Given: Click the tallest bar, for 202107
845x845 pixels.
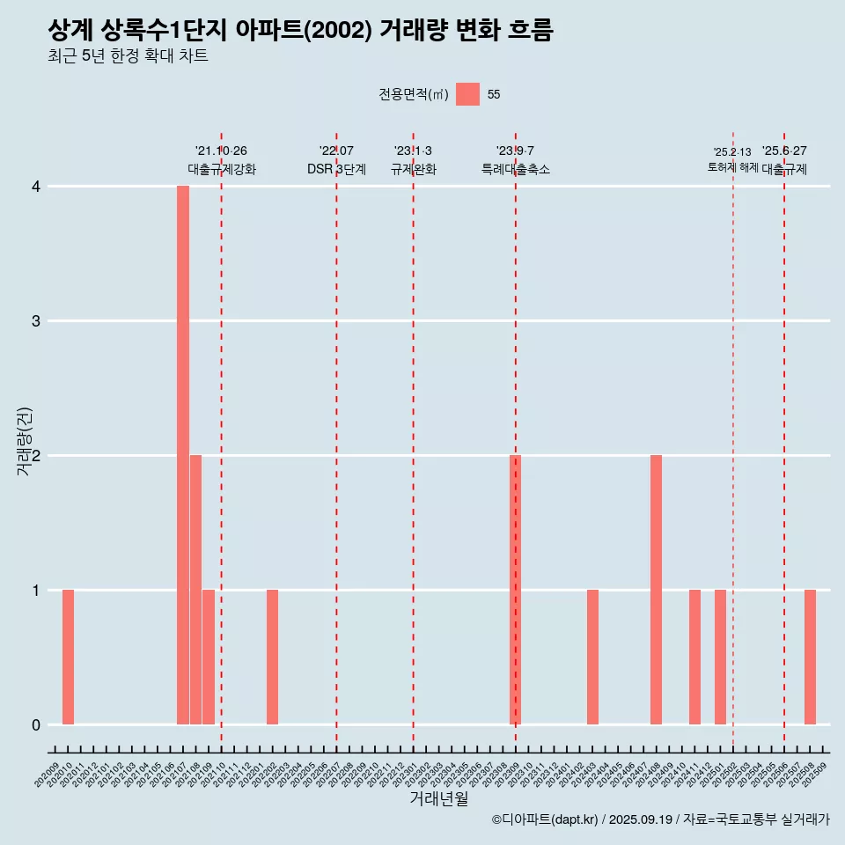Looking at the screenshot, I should click(183, 455).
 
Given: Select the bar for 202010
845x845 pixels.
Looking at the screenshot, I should click(68, 657).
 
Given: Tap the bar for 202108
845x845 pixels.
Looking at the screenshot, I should click(195, 590).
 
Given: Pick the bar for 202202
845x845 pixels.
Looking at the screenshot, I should click(273, 657).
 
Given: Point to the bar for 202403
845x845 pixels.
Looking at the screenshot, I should click(592, 657).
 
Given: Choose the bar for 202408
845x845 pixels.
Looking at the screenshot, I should click(657, 590).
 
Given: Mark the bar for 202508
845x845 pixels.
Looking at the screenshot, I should click(810, 657).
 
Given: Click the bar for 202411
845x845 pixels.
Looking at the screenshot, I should click(694, 657).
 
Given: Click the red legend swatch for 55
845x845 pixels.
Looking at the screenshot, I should click(467, 94).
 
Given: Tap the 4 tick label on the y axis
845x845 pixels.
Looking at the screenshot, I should click(36, 187).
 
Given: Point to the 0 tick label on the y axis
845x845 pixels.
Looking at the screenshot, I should click(36, 724).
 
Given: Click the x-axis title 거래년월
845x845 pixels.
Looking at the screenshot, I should click(439, 798).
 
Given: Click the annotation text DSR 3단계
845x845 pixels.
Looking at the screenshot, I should click(336, 169).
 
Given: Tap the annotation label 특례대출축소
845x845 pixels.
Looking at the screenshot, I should click(516, 169).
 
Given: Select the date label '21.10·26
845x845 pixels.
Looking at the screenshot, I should click(221, 151).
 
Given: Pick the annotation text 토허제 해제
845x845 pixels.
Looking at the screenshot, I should click(733, 166).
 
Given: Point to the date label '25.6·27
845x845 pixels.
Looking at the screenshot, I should click(784, 151).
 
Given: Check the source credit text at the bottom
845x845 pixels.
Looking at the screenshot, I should click(660, 819).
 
